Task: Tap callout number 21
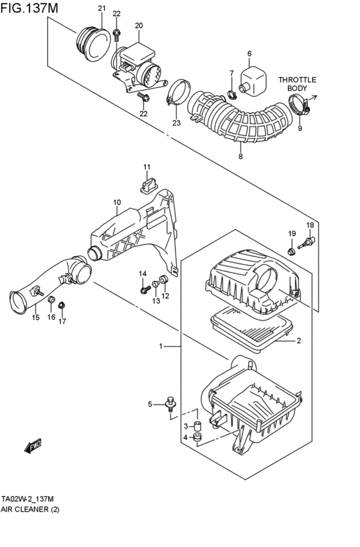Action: (x=101, y=8)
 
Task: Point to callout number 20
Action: (x=138, y=25)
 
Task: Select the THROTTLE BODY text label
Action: (x=298, y=84)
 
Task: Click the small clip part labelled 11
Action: (x=147, y=185)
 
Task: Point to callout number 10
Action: (x=117, y=202)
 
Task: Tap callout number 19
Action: (x=291, y=233)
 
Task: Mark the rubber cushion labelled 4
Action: (x=199, y=438)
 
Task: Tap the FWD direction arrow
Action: (x=33, y=446)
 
